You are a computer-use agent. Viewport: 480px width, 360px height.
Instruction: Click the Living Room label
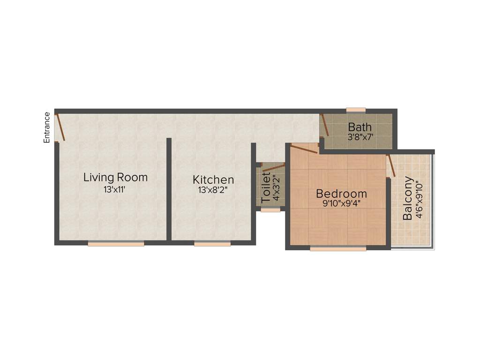tap(115, 178)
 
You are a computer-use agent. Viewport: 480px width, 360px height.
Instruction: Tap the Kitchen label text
tap(213, 180)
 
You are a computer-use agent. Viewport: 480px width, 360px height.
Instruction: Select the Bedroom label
tap(341, 194)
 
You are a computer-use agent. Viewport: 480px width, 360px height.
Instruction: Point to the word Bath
tap(360, 127)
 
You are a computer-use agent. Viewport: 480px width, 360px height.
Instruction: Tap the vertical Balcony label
tap(408, 198)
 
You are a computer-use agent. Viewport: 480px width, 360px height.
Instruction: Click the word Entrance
tap(47, 127)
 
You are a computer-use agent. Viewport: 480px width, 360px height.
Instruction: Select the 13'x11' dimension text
tap(115, 189)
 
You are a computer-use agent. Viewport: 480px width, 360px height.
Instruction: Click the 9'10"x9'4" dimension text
tap(341, 204)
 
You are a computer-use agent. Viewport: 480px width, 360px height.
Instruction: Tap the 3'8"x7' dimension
tap(360, 138)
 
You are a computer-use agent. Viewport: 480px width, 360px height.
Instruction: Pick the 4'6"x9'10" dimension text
tap(419, 198)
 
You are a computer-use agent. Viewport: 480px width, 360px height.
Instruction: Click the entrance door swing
tap(60, 127)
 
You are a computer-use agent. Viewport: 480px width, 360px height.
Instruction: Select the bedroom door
tap(304, 149)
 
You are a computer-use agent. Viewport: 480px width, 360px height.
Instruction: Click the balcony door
tap(391, 165)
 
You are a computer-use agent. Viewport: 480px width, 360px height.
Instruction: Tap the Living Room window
tap(116, 244)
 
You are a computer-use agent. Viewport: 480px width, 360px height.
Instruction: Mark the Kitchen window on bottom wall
tap(212, 244)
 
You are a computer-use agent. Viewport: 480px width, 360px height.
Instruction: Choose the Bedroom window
tap(338, 249)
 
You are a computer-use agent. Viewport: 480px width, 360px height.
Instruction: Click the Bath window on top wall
tap(356, 110)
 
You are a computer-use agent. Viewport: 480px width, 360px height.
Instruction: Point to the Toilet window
tap(270, 210)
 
